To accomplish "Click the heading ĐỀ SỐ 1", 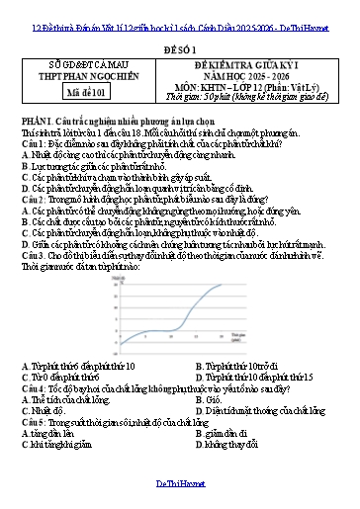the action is tap(179, 45).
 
